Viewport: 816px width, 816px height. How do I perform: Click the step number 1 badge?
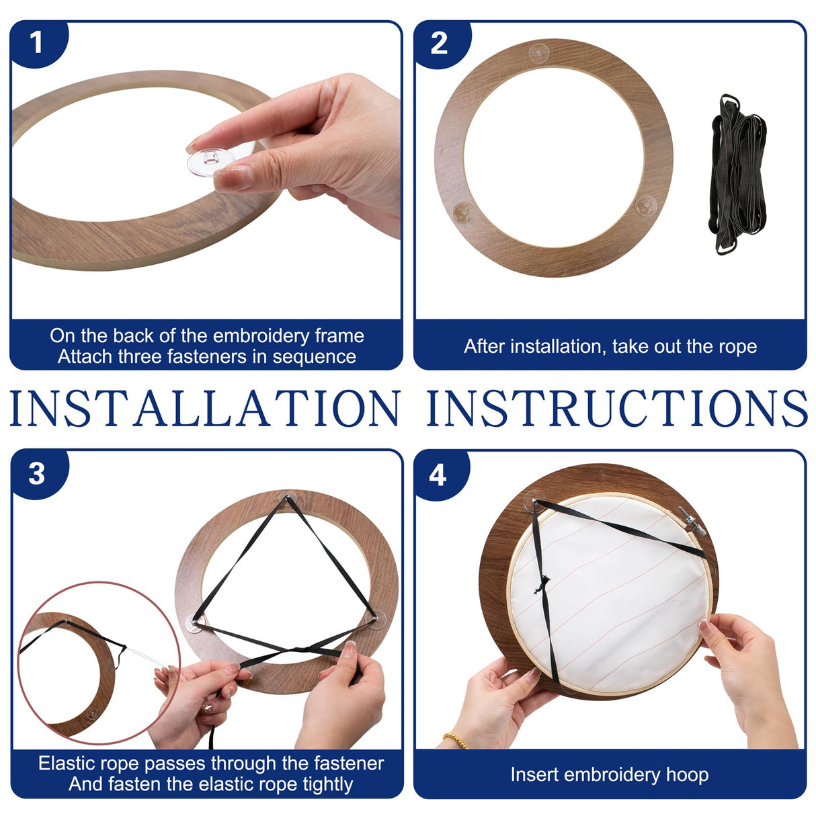click(36, 43)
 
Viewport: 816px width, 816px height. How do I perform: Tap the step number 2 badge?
click(439, 43)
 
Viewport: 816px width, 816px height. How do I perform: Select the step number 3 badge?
click(37, 474)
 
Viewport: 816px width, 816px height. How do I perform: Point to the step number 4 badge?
click(438, 475)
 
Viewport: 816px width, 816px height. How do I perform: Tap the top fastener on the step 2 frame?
click(539, 53)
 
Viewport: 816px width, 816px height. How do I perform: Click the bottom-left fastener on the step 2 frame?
click(463, 212)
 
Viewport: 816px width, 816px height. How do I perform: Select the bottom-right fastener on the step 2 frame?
click(645, 204)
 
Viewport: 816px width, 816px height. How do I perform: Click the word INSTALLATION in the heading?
click(204, 409)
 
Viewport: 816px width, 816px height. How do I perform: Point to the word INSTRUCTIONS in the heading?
click(617, 409)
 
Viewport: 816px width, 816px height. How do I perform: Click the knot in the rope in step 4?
click(540, 586)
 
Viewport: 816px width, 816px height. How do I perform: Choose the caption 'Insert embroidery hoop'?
click(609, 774)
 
